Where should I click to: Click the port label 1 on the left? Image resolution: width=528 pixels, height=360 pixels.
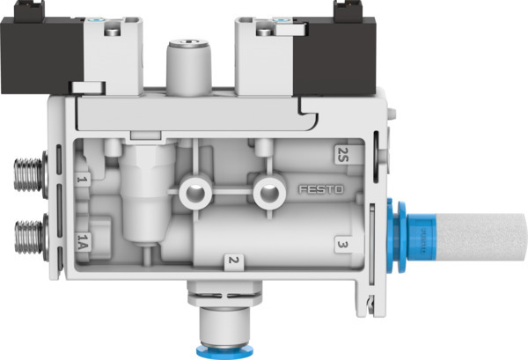82,180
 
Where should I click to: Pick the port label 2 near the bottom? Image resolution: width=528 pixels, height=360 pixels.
231,260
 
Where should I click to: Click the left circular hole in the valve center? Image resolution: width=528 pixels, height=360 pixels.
191,190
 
